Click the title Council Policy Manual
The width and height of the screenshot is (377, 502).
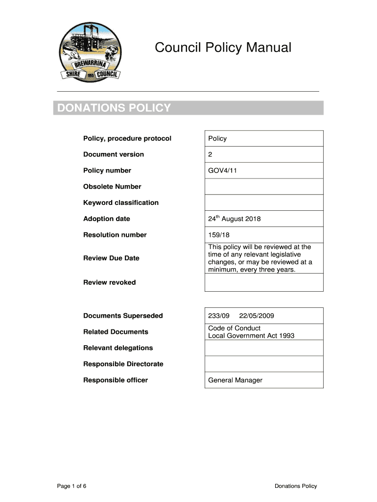(223, 48)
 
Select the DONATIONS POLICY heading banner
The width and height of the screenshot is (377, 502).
(188, 108)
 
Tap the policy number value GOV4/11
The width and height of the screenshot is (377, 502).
(223, 171)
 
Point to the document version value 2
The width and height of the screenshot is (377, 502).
(211, 154)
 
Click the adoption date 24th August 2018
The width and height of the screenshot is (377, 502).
(234, 219)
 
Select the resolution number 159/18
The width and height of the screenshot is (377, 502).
(219, 235)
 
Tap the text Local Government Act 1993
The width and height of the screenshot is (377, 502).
(251, 336)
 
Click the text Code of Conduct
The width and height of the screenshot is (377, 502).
(234, 328)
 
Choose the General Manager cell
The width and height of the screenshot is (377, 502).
(235, 380)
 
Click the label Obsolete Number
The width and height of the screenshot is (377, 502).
(112, 186)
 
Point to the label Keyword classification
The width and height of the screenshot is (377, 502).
(121, 202)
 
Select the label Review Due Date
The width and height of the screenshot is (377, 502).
(111, 258)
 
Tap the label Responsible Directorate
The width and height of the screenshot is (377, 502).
(123, 364)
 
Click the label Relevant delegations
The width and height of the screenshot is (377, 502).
(118, 348)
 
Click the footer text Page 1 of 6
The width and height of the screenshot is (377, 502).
(72, 486)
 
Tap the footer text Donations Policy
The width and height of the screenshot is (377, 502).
(296, 486)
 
